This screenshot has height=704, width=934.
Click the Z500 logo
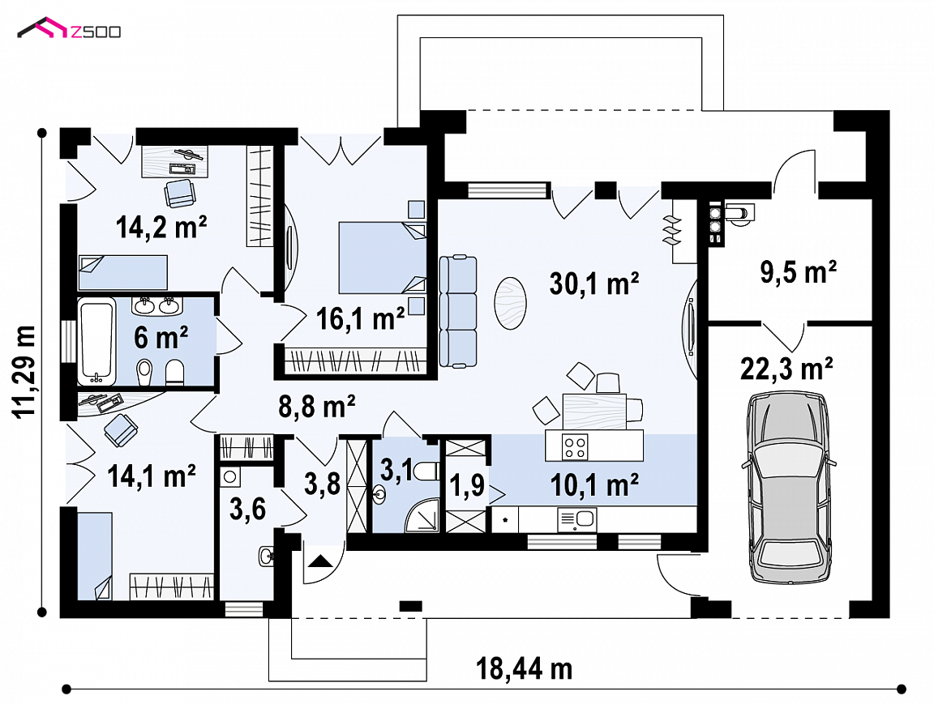tap(69, 29)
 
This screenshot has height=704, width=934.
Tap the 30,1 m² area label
tap(593, 284)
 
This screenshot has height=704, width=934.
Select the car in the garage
tap(789, 487)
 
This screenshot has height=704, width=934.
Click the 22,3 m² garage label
tap(786, 369)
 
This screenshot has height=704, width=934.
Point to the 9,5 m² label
tap(798, 272)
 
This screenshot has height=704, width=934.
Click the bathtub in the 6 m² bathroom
tap(96, 341)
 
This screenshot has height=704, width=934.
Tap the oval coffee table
tap(511, 303)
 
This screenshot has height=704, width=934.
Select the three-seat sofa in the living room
tap(458, 311)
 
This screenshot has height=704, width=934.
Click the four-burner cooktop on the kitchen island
tap(576, 447)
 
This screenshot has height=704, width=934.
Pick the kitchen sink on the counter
tap(576, 519)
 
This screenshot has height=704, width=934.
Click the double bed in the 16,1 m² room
tap(383, 258)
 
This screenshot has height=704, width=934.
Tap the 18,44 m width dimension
tap(525, 668)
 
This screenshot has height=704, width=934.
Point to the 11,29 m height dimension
tap(26, 373)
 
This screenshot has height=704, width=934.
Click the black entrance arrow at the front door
tap(320, 561)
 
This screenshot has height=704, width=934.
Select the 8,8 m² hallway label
tap(317, 407)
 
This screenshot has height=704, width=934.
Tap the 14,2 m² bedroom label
tap(161, 227)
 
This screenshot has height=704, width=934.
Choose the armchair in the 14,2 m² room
tap(180, 193)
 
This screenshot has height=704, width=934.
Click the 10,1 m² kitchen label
tap(594, 485)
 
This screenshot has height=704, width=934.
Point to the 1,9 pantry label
tap(466, 485)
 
